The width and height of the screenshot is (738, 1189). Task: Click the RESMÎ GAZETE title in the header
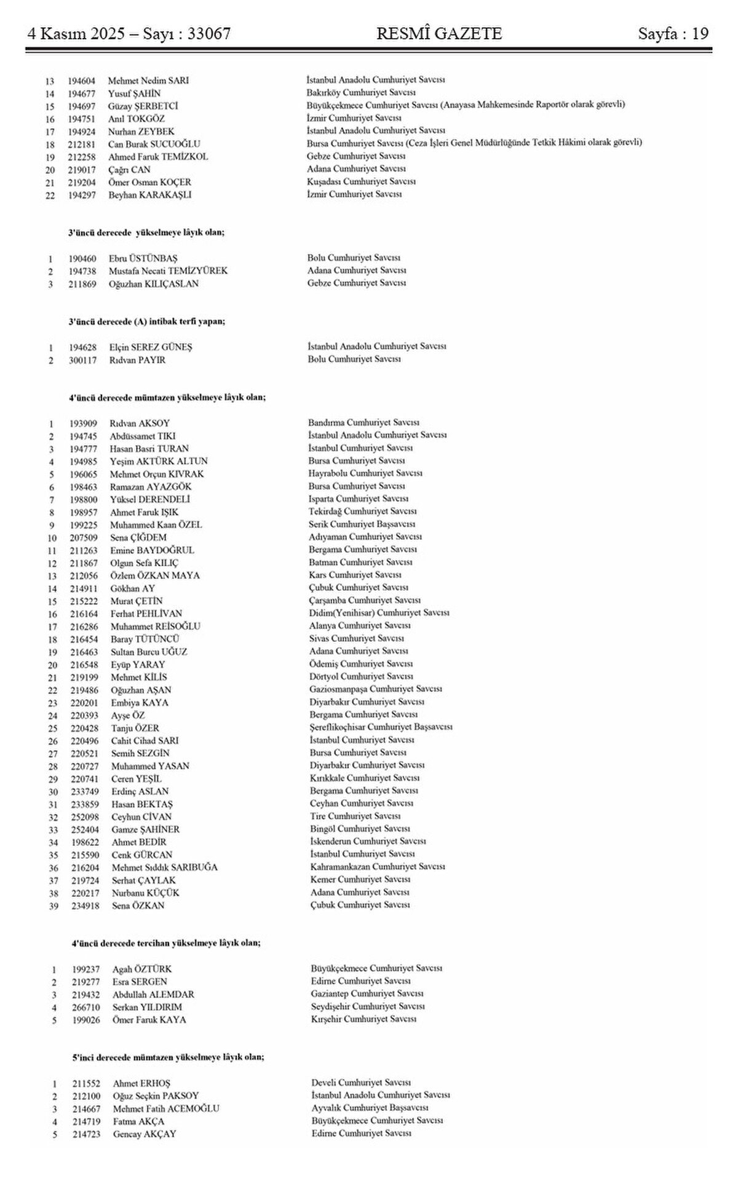[x=438, y=33]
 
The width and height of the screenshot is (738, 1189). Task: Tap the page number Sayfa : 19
[x=673, y=33]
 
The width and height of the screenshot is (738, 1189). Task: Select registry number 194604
[x=82, y=81]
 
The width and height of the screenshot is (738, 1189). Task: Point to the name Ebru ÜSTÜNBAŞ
[x=143, y=258]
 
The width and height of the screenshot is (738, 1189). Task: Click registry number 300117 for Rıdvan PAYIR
[x=82, y=360]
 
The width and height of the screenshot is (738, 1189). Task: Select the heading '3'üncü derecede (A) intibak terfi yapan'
[x=146, y=322]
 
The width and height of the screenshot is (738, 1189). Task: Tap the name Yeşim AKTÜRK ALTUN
[x=159, y=461]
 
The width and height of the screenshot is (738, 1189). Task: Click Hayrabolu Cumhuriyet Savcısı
[x=365, y=473]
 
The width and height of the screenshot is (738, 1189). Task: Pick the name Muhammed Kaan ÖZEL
[x=156, y=525]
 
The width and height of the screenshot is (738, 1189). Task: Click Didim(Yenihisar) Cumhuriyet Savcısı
[x=379, y=613]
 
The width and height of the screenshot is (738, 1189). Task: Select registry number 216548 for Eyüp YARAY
[x=84, y=665]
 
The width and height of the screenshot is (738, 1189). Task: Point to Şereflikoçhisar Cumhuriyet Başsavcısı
[x=381, y=727]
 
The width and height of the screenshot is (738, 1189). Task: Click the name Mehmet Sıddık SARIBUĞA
[x=164, y=867]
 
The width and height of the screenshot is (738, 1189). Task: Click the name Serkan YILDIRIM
[x=147, y=1007]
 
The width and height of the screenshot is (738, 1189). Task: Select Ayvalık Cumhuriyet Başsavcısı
[x=370, y=1108]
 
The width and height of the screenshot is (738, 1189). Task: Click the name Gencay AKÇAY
[x=144, y=1134]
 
